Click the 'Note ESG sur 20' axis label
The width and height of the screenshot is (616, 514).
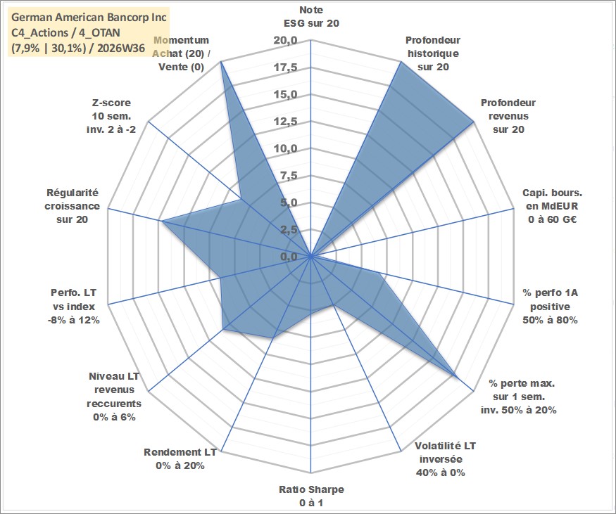pyautogui.click(x=311, y=16)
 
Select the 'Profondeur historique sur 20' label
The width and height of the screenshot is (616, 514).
pyautogui.click(x=433, y=53)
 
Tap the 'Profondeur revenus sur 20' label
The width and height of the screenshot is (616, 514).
pyautogui.click(x=508, y=116)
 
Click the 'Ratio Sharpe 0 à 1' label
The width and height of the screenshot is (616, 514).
pyautogui.click(x=311, y=496)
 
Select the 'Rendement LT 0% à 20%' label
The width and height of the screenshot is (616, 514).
pyautogui.click(x=180, y=459)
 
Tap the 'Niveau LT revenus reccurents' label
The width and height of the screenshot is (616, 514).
pyautogui.click(x=114, y=397)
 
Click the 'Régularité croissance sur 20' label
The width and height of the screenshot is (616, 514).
pyautogui.click(x=72, y=206)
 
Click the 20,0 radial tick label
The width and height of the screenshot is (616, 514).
pyautogui.click(x=285, y=40)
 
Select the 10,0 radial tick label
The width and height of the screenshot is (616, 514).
pyautogui.click(x=285, y=148)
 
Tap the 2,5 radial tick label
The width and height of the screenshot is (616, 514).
pyautogui.click(x=289, y=230)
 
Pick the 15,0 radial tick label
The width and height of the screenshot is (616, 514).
pyautogui.click(x=285, y=94)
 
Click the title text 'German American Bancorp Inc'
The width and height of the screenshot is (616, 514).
pyautogui.click(x=89, y=18)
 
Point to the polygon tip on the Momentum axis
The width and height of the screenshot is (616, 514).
pyautogui.click(x=221, y=61)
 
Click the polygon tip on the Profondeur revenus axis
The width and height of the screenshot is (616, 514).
pyautogui.click(x=474, y=122)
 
